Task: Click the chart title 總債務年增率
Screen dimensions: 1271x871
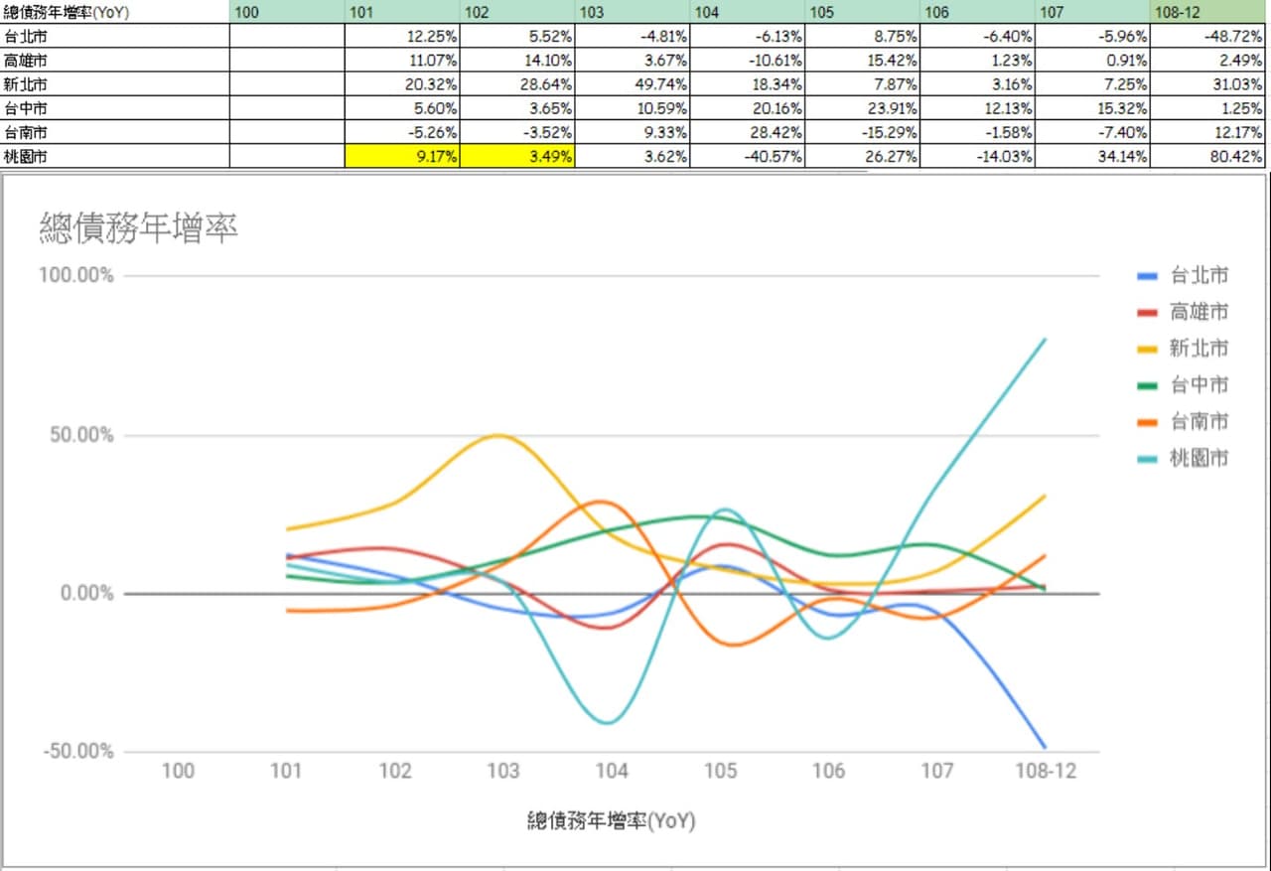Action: tap(138, 228)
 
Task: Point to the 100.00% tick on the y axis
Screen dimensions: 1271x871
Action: tap(76, 276)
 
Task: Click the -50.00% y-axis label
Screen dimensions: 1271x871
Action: tap(78, 751)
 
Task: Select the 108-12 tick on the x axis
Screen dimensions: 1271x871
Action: tap(1046, 771)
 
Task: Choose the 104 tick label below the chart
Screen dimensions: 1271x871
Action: tap(612, 771)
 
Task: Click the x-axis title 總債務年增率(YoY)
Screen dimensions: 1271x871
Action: tap(612, 820)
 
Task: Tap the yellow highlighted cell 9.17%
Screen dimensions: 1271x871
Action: tap(402, 156)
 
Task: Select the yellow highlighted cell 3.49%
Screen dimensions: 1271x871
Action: tap(517, 156)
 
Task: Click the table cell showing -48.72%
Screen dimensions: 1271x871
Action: tap(1208, 37)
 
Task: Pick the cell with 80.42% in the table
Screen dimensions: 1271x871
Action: tap(1208, 156)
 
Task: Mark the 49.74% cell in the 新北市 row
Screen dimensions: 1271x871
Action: tap(633, 84)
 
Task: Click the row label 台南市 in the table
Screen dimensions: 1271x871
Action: tap(25, 133)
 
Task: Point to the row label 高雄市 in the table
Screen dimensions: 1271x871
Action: tap(25, 61)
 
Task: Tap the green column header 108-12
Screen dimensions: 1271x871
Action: tap(1208, 12)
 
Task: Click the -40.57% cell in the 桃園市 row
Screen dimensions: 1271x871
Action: tap(748, 156)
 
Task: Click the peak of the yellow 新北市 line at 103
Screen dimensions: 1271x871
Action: tap(498, 436)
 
